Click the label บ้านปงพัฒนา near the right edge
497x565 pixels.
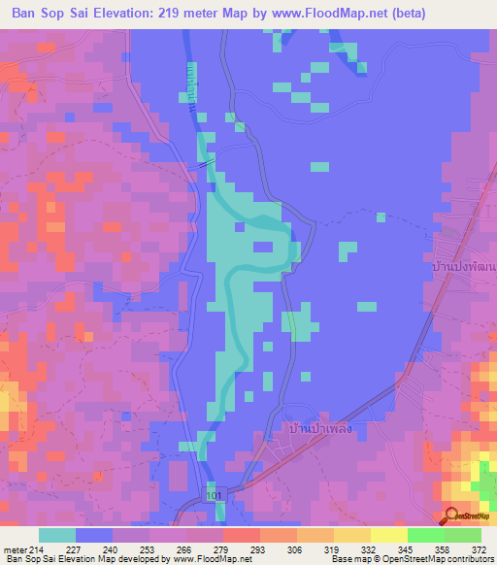464,265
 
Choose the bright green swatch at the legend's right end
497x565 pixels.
462,535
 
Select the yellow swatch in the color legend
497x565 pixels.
388,535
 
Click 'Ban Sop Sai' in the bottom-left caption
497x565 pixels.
28,560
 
